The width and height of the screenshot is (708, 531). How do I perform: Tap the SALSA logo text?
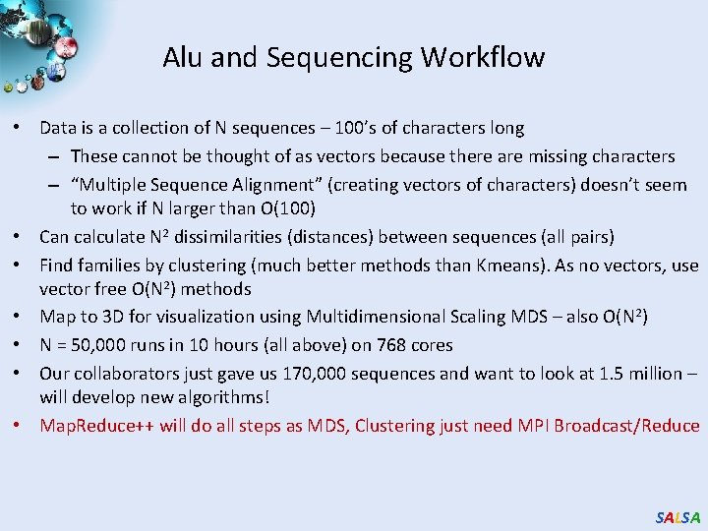[x=678, y=517]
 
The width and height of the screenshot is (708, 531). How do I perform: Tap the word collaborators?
[x=124, y=374]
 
